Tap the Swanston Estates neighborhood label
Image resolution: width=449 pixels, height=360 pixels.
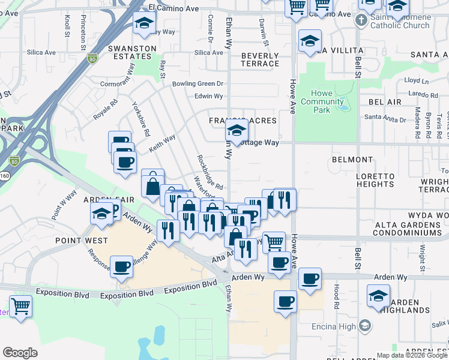(x=129, y=52)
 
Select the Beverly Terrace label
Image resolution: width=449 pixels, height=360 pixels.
(x=260, y=59)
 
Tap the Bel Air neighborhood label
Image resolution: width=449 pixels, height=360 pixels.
(x=385, y=103)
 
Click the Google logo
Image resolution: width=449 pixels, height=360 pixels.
(x=20, y=353)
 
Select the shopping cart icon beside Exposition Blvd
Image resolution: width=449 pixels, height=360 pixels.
(x=21, y=307)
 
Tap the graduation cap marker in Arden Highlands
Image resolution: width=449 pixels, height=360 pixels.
(x=378, y=296)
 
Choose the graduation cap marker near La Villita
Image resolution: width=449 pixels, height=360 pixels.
(x=309, y=41)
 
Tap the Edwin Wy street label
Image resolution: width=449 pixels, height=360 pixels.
(x=209, y=96)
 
